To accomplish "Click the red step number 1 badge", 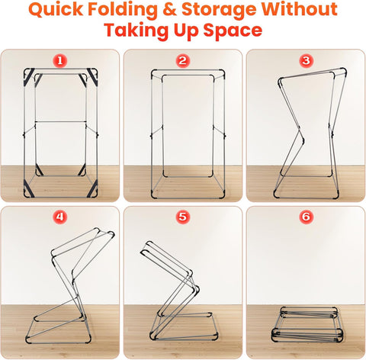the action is tap(59, 61).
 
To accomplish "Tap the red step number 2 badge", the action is tap(182, 61).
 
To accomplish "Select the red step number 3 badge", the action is tap(306, 60).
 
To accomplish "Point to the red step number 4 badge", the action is tap(59, 217).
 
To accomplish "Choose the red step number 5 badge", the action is tap(182, 217).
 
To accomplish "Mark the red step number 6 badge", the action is tap(306, 217).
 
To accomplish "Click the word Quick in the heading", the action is tap(56, 10).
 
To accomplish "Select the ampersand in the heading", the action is tap(169, 10).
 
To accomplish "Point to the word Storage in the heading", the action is tap(219, 11).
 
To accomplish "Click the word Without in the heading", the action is tap(300, 9).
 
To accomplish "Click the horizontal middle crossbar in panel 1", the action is tap(60, 122).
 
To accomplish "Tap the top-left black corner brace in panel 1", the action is tap(29, 76).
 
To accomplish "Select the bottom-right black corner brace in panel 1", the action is tap(92, 188).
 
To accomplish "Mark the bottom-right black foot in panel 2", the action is tap(222, 194).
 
